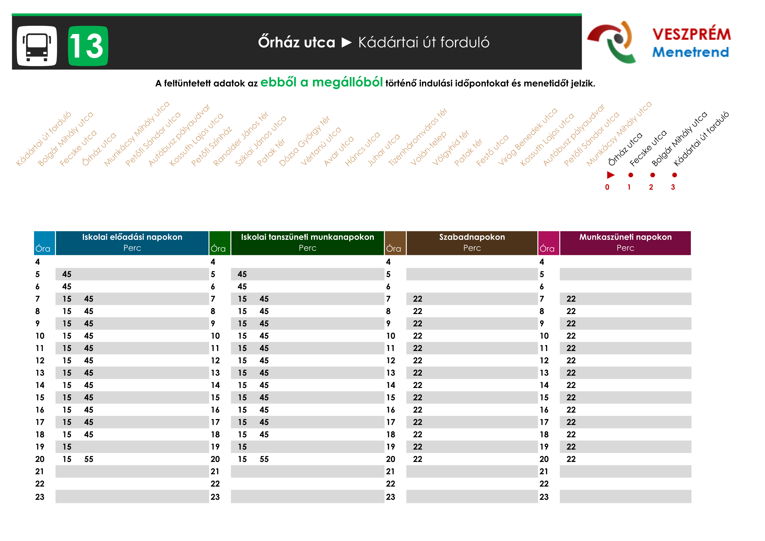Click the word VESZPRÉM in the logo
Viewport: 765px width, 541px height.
click(x=691, y=34)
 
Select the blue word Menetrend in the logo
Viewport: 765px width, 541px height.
click(x=690, y=52)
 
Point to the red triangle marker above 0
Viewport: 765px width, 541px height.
click(x=610, y=175)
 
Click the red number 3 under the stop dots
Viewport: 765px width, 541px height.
click(x=673, y=187)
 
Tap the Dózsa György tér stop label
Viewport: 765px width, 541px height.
click(x=304, y=141)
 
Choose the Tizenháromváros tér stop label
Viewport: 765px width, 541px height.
click(x=418, y=137)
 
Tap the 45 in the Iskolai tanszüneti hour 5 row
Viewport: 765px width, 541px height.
click(x=242, y=274)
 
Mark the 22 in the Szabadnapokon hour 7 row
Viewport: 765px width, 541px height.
click(x=418, y=299)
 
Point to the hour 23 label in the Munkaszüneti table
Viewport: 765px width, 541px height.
click(x=544, y=497)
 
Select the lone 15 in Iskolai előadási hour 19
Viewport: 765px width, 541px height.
click(x=67, y=447)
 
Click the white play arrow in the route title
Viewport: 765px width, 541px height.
click(x=347, y=43)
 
